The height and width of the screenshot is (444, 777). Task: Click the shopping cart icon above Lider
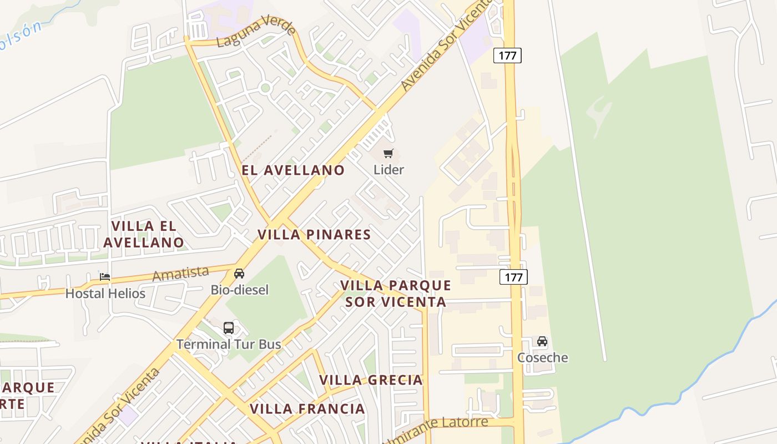(x=389, y=153)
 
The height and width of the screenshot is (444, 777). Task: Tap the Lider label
(x=389, y=170)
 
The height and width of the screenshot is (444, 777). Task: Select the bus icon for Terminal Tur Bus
(x=229, y=327)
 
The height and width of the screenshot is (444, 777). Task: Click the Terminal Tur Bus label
(x=229, y=344)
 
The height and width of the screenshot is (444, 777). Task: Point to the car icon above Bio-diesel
(x=239, y=274)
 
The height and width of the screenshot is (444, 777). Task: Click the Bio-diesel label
(x=240, y=290)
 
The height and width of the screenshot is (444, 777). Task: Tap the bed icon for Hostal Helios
(x=105, y=276)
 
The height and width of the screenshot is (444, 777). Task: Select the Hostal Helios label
(x=105, y=293)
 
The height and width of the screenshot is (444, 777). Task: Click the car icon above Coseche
(x=542, y=341)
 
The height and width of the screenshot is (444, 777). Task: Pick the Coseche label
(x=543, y=357)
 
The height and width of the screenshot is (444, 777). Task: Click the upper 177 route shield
(x=507, y=56)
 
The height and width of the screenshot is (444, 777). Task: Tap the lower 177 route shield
(x=513, y=277)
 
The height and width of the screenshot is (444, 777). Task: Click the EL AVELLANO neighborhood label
(x=293, y=170)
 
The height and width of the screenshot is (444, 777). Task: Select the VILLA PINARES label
(x=314, y=235)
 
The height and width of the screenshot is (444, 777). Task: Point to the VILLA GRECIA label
(x=371, y=380)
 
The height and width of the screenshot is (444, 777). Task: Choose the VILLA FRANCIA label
(x=307, y=409)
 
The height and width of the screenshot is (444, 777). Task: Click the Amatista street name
(x=181, y=274)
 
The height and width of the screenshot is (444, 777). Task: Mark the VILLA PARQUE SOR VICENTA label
(x=396, y=294)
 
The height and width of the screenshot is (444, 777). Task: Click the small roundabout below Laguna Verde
(x=265, y=88)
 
